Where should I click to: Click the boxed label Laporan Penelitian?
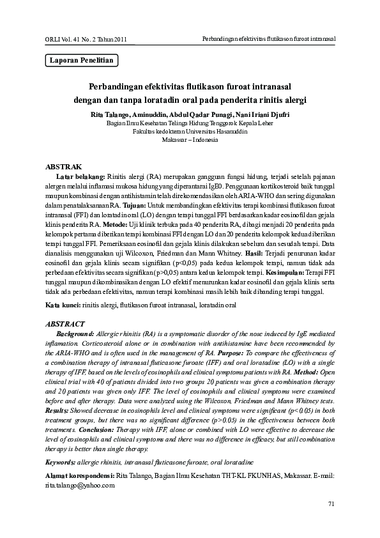[82, 61]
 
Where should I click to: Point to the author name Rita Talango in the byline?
[126, 114]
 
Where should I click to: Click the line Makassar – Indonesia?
[190, 139]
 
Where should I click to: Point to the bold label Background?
[75, 334]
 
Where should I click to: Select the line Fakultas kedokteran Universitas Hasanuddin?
[190, 130]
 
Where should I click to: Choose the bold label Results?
[59, 410]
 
